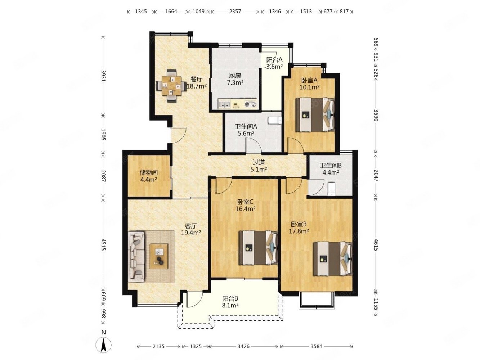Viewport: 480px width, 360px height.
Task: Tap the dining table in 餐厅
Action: [171, 86]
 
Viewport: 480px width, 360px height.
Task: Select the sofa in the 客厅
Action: [136, 257]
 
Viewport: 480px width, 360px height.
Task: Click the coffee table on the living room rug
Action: [159, 256]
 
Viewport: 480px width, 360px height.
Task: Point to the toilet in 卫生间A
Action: [274, 120]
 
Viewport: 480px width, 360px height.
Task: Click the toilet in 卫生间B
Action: [332, 189]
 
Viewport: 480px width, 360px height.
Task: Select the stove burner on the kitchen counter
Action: [251, 104]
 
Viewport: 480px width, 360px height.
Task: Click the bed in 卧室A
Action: [315, 114]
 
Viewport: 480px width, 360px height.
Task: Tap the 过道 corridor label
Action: [259, 162]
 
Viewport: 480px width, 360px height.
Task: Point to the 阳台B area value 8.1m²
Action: [230, 305]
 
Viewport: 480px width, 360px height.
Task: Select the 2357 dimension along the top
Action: [235, 12]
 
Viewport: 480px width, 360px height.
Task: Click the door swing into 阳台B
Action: [194, 299]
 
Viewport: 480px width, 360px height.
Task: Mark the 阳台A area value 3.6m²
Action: [274, 67]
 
